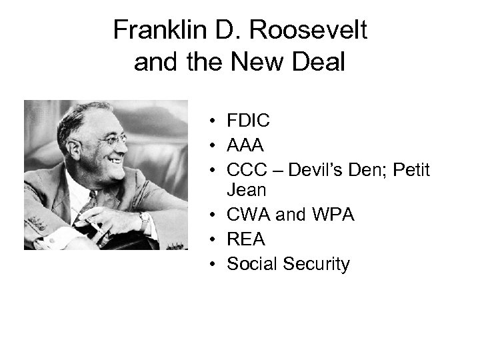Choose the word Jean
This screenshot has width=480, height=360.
[x=247, y=190]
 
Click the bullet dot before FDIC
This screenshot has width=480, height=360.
[x=209, y=121]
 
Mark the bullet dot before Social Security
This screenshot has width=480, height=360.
[x=209, y=265]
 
